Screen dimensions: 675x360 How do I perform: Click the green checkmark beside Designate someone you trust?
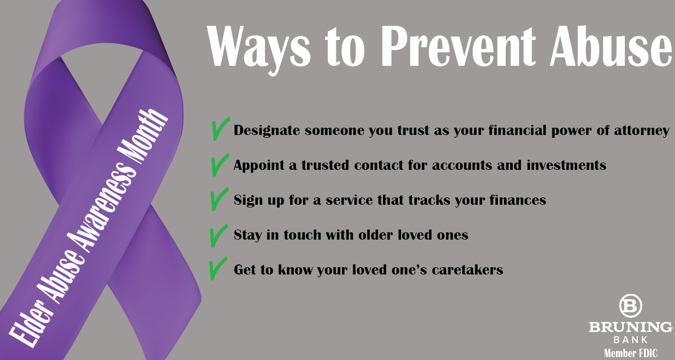[x=220, y=129]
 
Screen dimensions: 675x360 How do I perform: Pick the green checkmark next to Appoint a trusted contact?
[x=220, y=165]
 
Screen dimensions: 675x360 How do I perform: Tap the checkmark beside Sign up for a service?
[x=219, y=199]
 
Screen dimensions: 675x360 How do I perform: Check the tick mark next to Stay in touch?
[x=218, y=236]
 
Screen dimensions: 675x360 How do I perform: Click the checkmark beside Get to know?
[x=218, y=269]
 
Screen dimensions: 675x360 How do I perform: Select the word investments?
[x=566, y=165]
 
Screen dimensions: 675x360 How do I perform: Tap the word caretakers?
[x=467, y=269]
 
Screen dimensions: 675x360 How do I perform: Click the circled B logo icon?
[x=631, y=306]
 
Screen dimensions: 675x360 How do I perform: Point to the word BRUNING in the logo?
[x=631, y=327]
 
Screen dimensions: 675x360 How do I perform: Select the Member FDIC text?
[x=631, y=353]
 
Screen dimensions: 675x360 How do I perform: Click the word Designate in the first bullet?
[x=267, y=130]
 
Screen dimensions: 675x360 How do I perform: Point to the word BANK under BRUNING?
[x=631, y=340]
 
